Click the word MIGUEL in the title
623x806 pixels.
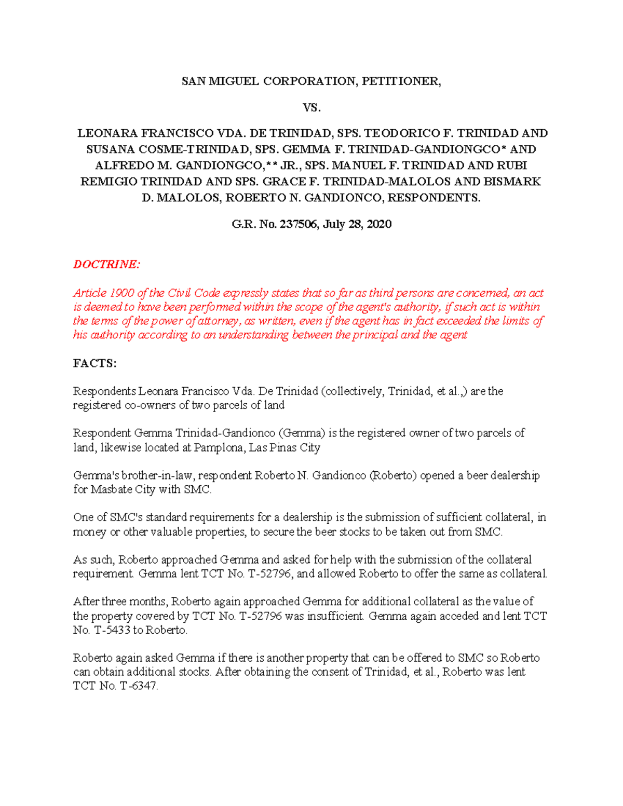234,81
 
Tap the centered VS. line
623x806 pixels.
311,107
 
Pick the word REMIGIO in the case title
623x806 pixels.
109,182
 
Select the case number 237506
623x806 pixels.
299,224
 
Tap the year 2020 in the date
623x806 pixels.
378,224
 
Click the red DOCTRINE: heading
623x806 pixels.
106,264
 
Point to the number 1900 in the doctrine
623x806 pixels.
119,293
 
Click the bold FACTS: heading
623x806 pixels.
95,363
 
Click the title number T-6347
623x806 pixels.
138,686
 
